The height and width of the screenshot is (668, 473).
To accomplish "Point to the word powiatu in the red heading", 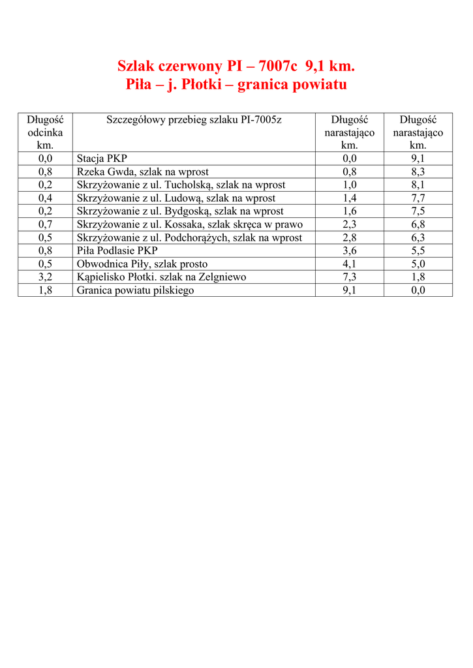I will [x=316, y=85].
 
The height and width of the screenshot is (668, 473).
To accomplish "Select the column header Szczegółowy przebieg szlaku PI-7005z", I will [x=194, y=119].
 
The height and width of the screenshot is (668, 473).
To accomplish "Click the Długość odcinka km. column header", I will [x=45, y=132].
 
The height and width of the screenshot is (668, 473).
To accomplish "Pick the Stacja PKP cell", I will [x=102, y=159].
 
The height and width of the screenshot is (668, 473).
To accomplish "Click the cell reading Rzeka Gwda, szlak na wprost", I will [x=143, y=172].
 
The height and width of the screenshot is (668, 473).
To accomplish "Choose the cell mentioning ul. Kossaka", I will [x=190, y=224].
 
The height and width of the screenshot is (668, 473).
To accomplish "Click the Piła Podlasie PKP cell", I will [x=117, y=250].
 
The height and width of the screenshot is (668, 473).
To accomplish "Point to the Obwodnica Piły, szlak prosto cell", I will [x=142, y=264].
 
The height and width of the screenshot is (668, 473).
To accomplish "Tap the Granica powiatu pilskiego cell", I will [x=135, y=290].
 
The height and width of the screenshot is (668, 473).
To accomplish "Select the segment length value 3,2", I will [x=45, y=277].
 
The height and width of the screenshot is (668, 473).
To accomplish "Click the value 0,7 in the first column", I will [x=45, y=224].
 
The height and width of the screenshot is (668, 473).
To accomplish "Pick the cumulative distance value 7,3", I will [x=350, y=277].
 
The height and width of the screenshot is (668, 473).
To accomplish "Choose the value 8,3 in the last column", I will [x=418, y=172].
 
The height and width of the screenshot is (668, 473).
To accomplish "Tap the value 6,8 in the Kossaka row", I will [x=418, y=224].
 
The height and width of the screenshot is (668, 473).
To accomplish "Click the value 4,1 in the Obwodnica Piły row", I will [x=350, y=264].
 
